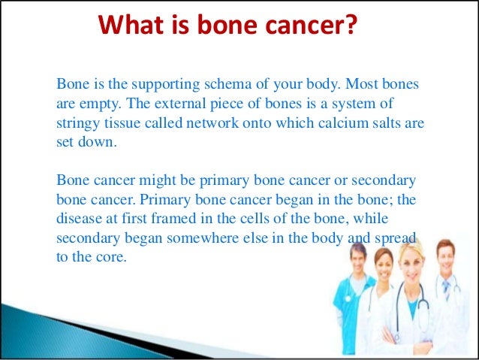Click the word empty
101,104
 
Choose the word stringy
78,124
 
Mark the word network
212,123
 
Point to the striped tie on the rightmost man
446,290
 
